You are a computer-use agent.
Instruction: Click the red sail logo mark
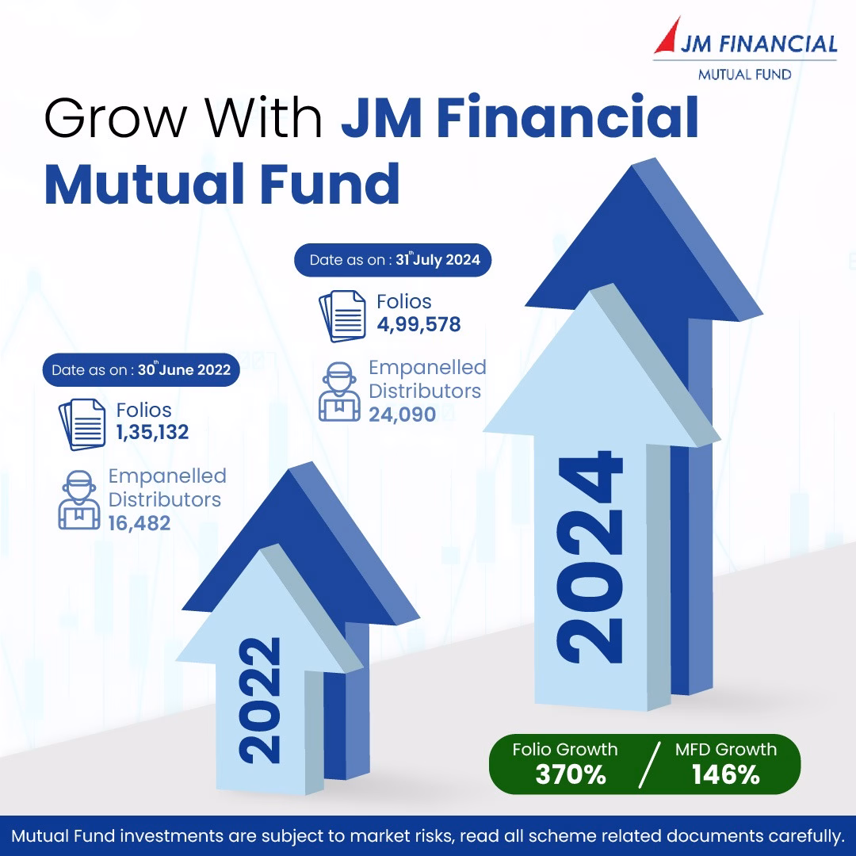click(x=671, y=37)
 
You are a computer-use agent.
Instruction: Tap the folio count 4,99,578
click(x=418, y=324)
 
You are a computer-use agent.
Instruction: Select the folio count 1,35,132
click(x=152, y=433)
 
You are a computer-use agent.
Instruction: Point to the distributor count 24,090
click(x=403, y=415)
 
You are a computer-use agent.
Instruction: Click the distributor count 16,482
click(x=139, y=524)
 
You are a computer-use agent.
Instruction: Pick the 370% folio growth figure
click(x=571, y=774)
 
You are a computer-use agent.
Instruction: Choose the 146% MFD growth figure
click(x=725, y=774)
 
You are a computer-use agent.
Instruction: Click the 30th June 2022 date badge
click(x=141, y=370)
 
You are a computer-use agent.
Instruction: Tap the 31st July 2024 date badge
click(x=393, y=260)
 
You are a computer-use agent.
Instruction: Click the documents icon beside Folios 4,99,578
click(x=342, y=316)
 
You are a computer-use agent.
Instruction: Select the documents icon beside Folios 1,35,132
click(x=82, y=425)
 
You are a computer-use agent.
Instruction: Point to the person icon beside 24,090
click(x=339, y=392)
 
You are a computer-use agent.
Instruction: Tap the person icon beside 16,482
click(x=79, y=500)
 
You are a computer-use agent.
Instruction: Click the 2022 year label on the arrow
click(x=260, y=700)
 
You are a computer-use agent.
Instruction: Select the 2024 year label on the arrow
click(x=590, y=557)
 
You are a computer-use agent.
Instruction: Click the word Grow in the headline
click(x=116, y=118)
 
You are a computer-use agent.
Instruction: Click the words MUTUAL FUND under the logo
click(x=745, y=75)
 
